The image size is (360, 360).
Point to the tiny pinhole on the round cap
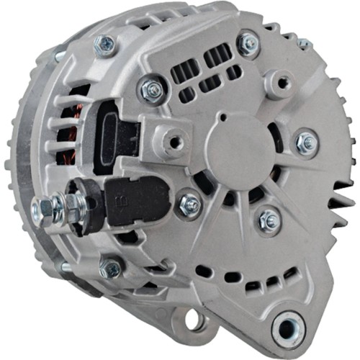225,116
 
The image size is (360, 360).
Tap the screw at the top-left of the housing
105,45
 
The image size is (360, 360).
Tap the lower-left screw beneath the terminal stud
112,268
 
